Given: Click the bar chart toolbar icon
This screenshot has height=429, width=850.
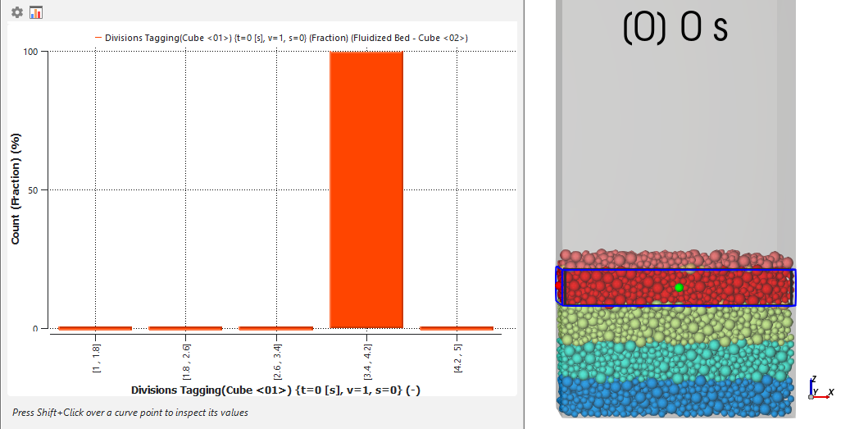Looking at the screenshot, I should click(35, 12).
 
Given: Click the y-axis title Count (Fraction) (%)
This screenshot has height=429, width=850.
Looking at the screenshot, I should click(16, 189).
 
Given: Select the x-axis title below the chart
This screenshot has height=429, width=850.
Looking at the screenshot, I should click(275, 390).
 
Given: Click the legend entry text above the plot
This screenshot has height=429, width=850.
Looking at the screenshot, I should click(287, 38).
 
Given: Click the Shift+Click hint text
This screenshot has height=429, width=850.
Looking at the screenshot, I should click(130, 413).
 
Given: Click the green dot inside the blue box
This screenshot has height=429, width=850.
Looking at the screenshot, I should click(679, 287).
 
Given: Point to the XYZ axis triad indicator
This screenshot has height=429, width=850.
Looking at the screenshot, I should click(818, 389).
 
